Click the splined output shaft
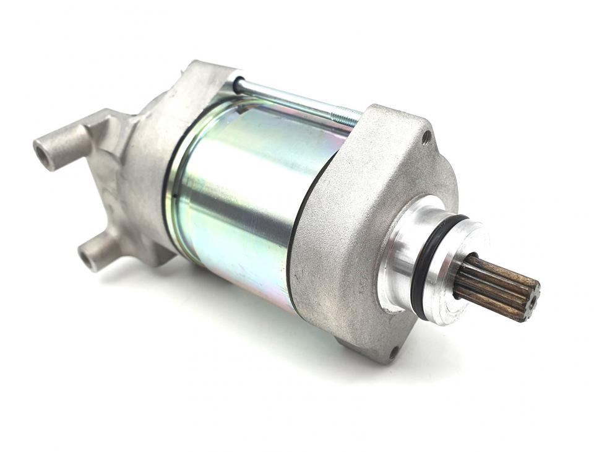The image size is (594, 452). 495,285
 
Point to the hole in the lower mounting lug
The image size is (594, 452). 88,258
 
